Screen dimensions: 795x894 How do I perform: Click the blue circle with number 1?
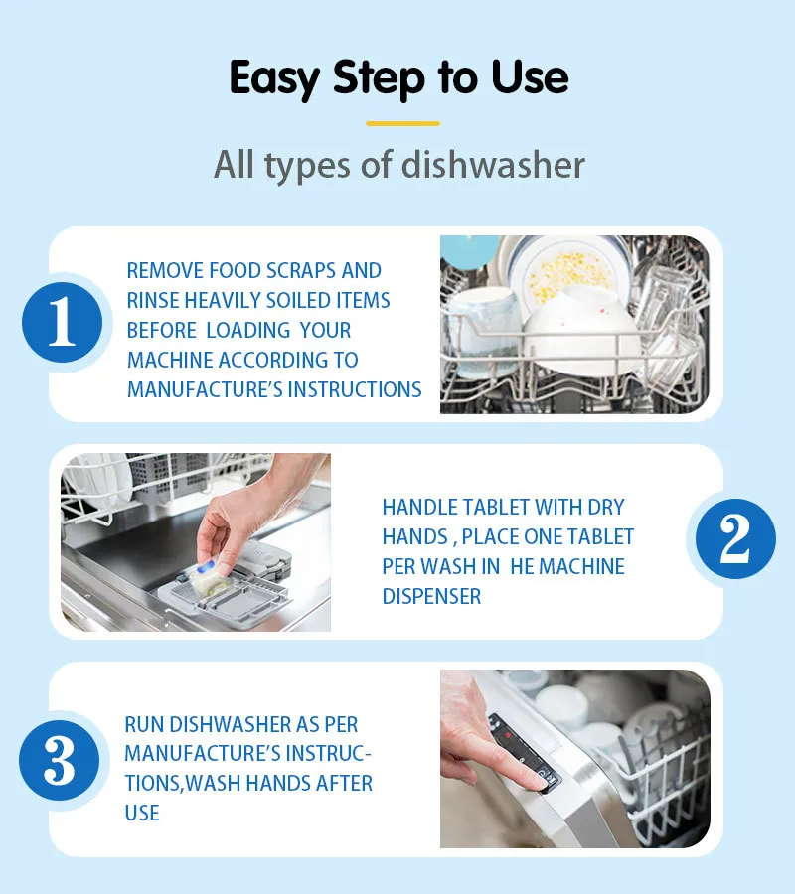(x=63, y=322)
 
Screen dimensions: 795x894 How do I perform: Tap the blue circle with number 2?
(x=735, y=538)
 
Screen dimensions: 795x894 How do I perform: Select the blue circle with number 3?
(x=60, y=760)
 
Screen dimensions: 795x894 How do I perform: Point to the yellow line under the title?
(x=402, y=123)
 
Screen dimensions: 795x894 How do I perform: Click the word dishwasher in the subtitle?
(x=493, y=165)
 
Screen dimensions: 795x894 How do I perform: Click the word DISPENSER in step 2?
(x=431, y=596)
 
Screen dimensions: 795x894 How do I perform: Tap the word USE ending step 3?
(x=142, y=813)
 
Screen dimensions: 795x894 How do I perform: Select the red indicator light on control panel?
(x=507, y=736)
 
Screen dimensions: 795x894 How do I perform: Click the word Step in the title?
(x=379, y=78)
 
